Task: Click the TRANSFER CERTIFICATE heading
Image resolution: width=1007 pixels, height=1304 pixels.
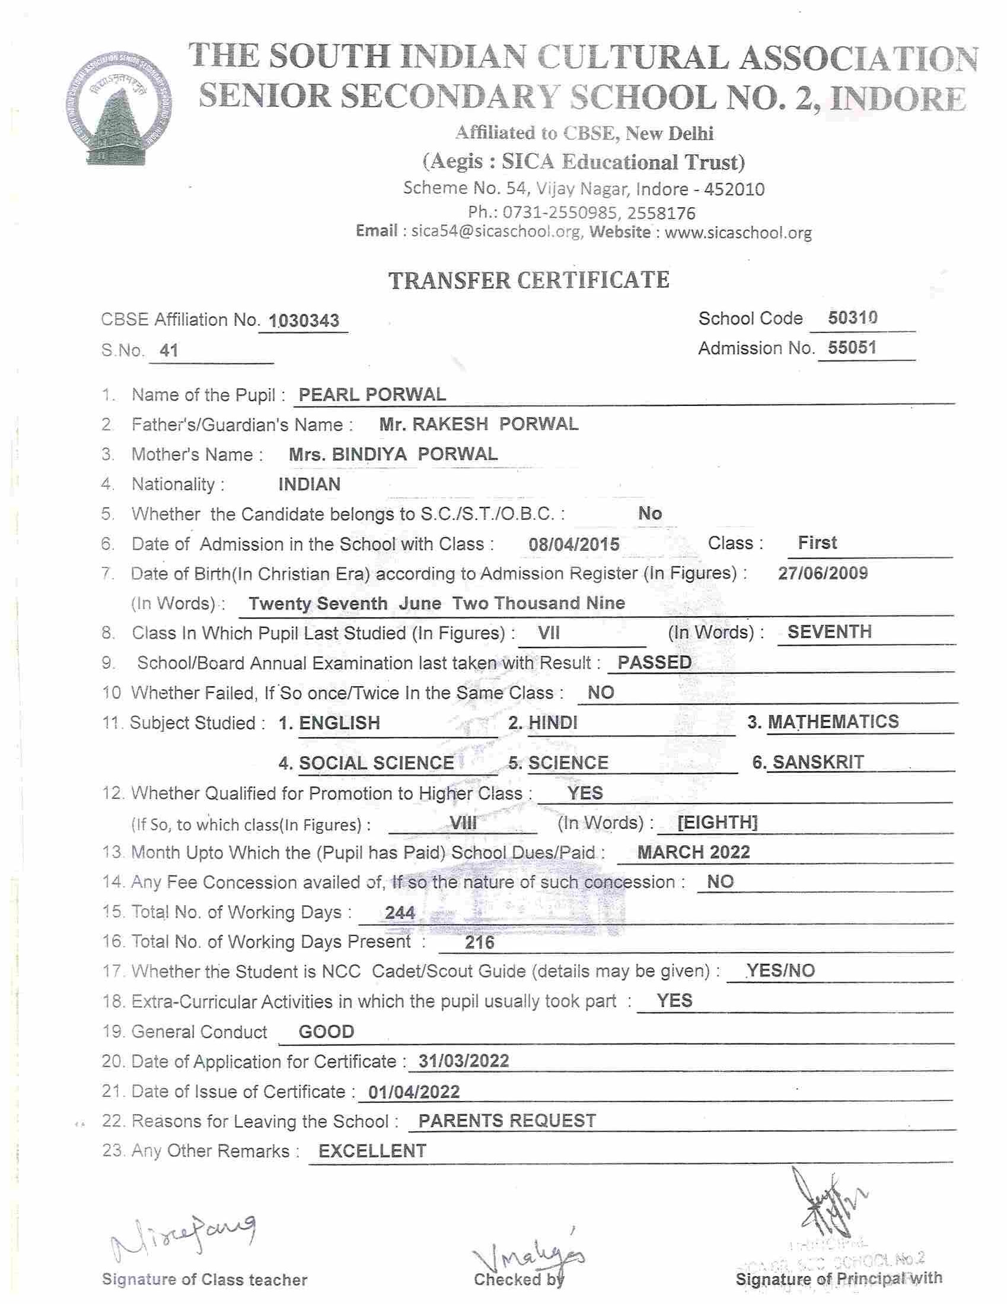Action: click(528, 280)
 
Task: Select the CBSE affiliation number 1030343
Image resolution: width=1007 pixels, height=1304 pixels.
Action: click(304, 321)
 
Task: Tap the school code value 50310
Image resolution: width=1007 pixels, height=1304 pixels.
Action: click(852, 318)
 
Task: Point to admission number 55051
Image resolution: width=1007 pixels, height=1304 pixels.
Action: click(852, 347)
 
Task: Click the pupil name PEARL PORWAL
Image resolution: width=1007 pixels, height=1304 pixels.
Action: click(372, 395)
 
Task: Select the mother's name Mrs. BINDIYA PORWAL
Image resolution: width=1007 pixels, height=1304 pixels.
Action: click(393, 455)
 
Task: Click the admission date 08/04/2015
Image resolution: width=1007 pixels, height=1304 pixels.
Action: click(574, 544)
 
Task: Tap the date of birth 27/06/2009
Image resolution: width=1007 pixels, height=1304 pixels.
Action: click(823, 573)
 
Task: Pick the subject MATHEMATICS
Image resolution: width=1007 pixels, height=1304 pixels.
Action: click(833, 721)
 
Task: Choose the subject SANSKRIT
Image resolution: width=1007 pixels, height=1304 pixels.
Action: click(818, 763)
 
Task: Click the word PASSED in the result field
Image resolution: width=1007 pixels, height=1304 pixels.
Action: click(654, 662)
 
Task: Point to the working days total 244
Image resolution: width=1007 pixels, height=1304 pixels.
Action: click(400, 912)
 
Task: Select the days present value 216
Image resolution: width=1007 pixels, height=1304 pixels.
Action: click(480, 942)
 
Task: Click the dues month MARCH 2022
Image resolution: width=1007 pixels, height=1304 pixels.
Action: click(693, 852)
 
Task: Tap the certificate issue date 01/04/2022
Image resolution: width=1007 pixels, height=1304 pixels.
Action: click(414, 1092)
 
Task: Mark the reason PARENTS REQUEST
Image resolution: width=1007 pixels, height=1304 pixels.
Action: click(507, 1121)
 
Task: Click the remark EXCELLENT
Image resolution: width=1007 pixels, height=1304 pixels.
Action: click(372, 1150)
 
